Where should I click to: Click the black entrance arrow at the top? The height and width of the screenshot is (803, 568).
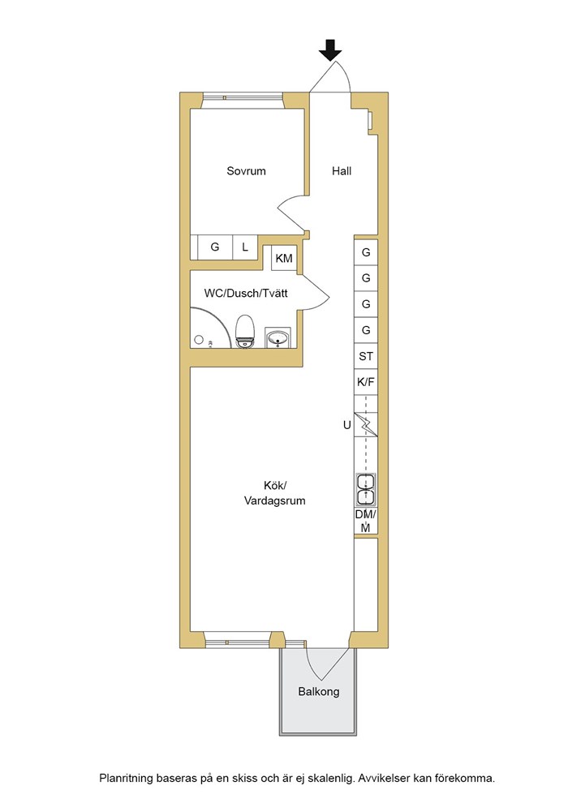(x=329, y=51)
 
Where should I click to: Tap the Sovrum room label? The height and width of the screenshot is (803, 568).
(x=246, y=171)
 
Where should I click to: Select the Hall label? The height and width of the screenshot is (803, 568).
(x=342, y=171)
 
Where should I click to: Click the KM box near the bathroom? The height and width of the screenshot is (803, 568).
(x=284, y=258)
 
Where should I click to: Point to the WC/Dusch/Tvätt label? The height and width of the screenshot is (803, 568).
(x=244, y=293)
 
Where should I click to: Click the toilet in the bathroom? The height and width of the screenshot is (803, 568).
(x=245, y=332)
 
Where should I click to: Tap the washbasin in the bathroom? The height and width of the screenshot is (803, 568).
(x=278, y=338)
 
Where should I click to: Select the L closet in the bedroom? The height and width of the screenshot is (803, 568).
(x=245, y=247)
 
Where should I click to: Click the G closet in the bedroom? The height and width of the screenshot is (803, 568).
(x=215, y=247)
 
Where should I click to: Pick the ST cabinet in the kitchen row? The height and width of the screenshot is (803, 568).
(x=366, y=355)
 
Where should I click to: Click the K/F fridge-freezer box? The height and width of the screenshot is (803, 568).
(x=366, y=381)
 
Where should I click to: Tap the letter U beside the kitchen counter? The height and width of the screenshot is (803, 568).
(x=346, y=425)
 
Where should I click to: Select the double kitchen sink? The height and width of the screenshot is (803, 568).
(x=366, y=490)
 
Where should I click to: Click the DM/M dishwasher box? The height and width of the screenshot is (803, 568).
(x=366, y=522)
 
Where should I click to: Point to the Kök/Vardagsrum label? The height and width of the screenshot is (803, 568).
(x=274, y=493)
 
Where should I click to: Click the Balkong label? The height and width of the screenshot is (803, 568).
(x=318, y=692)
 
